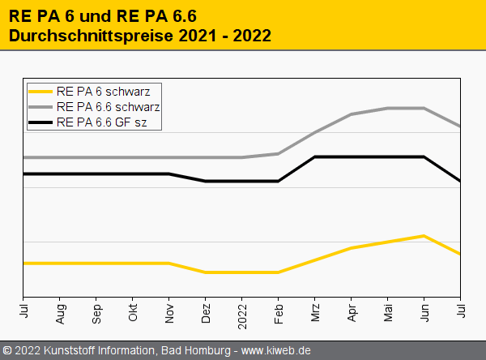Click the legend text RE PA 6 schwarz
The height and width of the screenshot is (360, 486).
click(109, 91)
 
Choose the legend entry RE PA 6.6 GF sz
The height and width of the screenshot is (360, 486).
click(109, 123)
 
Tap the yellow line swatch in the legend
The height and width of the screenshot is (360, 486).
click(40, 91)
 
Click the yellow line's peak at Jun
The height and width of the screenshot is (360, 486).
click(424, 236)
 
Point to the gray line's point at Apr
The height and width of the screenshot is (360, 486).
click(352, 114)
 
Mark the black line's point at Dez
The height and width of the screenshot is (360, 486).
click(206, 182)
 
